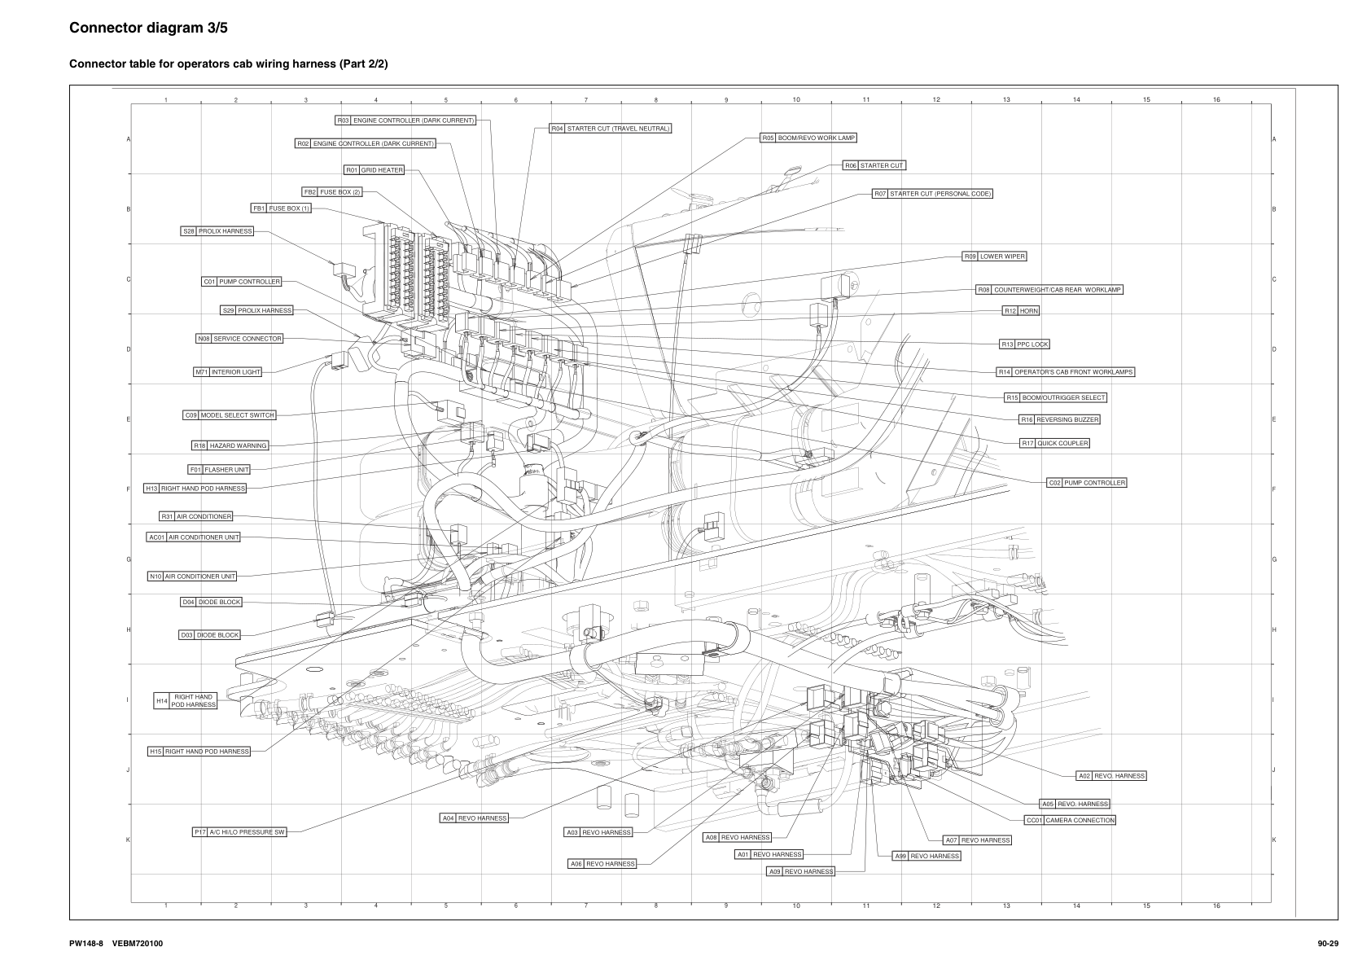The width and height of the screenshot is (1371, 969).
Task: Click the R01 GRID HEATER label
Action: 374,170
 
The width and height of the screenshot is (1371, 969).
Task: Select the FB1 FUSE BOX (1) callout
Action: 281,208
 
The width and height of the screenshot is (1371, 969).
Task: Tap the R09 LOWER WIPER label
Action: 994,256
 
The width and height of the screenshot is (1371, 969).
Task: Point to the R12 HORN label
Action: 1021,311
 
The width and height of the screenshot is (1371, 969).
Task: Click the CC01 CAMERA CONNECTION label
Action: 1070,820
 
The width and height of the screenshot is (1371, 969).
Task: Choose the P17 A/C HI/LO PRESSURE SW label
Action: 239,832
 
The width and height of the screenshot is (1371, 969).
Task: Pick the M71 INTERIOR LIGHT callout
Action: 228,372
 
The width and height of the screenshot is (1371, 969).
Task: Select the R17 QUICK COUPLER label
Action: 1054,443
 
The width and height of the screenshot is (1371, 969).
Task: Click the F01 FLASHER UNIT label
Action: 219,470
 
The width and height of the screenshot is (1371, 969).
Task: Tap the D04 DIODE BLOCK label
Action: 211,603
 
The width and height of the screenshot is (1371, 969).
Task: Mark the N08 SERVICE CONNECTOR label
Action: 239,339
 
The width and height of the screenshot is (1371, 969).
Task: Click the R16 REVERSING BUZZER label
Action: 1059,419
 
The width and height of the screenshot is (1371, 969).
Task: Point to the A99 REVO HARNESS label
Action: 926,856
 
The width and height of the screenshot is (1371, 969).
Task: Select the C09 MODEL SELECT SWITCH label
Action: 230,415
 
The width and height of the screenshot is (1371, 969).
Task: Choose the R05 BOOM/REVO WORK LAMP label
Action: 808,138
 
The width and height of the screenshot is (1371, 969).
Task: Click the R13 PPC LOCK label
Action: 1025,344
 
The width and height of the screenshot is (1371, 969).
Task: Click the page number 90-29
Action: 1328,944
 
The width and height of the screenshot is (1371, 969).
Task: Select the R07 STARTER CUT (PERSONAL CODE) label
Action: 932,194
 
